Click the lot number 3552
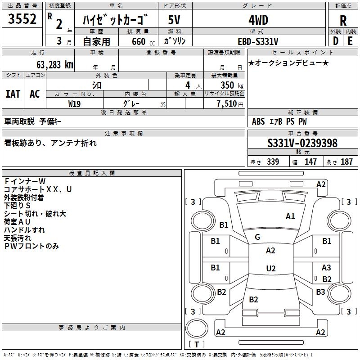point(22,19)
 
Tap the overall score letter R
point(343,20)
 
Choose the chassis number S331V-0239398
point(302,143)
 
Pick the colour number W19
point(75,103)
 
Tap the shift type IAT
point(13,94)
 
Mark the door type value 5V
point(174,20)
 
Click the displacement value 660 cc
point(138,41)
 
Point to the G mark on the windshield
point(257,237)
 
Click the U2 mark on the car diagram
point(270,269)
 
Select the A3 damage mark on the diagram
point(326,268)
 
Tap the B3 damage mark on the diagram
point(320,292)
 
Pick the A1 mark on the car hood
point(290,216)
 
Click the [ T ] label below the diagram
point(197,344)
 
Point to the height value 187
point(346,162)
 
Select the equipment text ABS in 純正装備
point(258,121)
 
